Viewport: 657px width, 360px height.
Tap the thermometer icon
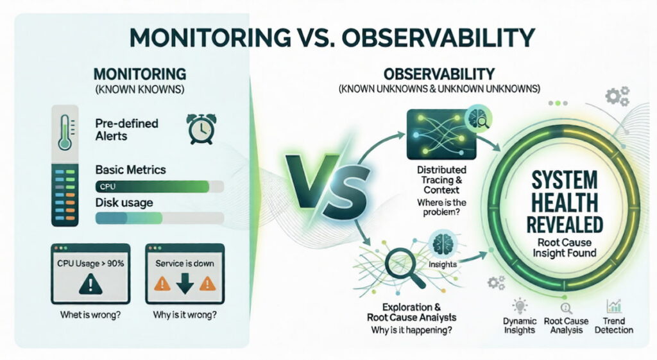pos(65,132)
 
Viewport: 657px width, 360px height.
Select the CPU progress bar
pos(160,187)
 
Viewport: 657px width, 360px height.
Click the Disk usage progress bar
pos(160,218)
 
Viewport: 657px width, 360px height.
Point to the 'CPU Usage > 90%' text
pos(90,264)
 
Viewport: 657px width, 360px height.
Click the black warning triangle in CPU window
pos(90,284)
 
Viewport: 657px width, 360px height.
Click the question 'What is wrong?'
pos(90,314)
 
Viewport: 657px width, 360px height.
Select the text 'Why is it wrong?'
pos(185,314)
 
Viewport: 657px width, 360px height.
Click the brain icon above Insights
pos(442,244)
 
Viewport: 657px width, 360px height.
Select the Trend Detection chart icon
pos(614,306)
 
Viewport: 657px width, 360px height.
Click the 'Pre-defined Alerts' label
pos(126,130)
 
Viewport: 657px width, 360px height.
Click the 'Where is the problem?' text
pos(441,207)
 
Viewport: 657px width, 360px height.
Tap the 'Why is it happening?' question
pos(411,330)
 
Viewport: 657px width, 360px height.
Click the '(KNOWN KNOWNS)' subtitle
pos(139,89)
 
